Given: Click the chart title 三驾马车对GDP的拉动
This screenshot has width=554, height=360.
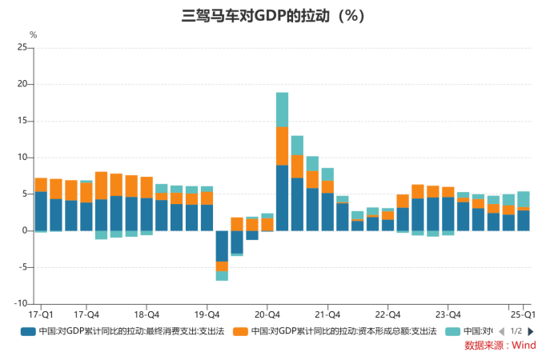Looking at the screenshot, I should [x=276, y=15].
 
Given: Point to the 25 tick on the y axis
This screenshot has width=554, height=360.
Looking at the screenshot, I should [x=22, y=48].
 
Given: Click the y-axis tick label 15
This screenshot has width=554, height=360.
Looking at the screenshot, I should [x=22, y=121].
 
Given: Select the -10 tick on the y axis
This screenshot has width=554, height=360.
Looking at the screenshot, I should [x=19, y=304].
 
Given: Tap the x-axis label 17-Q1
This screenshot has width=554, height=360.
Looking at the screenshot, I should [x=40, y=314].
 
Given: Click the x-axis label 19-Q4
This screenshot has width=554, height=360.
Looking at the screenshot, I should [x=207, y=314].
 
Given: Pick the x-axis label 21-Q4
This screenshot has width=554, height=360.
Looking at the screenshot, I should [x=327, y=314].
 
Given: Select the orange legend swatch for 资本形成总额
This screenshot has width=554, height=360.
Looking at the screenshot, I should [x=239, y=331].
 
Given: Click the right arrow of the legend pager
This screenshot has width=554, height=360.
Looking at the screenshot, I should [x=531, y=331].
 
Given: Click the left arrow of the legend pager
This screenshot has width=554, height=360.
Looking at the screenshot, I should [x=501, y=331].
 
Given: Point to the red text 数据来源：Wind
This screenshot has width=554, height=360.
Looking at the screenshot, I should [x=500, y=346].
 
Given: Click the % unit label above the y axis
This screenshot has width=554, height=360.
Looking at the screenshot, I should [x=33, y=34].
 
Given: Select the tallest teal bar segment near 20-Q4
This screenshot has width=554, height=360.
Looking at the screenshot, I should [x=283, y=110].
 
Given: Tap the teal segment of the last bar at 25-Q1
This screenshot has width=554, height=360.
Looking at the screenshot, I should [x=523, y=199].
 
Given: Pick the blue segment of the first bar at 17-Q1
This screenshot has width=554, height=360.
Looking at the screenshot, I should [x=41, y=211].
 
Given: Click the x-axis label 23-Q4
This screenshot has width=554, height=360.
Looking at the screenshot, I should [x=448, y=314].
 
